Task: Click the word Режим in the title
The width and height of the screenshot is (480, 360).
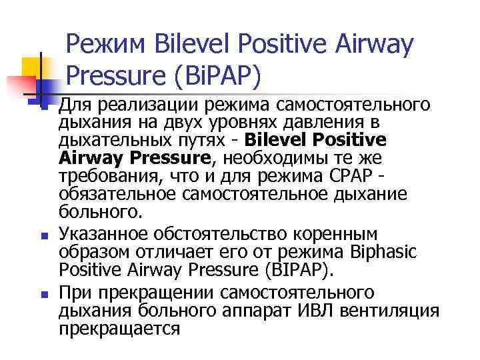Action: [107, 45]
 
